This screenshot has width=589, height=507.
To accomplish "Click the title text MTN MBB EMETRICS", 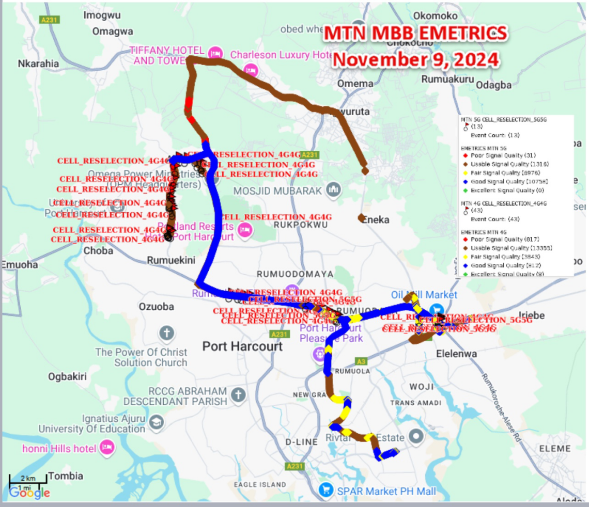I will point(415,34).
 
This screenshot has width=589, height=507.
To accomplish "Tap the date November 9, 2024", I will point(415,59).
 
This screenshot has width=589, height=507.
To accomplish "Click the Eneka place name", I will point(376,220).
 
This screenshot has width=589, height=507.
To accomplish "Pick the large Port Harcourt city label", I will point(242,346).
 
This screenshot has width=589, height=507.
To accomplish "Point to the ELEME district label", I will point(555,448).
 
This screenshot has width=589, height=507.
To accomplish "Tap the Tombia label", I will point(65,476).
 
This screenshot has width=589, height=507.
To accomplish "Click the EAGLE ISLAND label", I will point(259,484).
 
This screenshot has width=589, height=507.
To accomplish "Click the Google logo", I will point(29,493).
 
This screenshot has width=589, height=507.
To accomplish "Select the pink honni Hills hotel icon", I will point(107,447).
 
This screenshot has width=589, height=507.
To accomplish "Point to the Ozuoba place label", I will point(156,307).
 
